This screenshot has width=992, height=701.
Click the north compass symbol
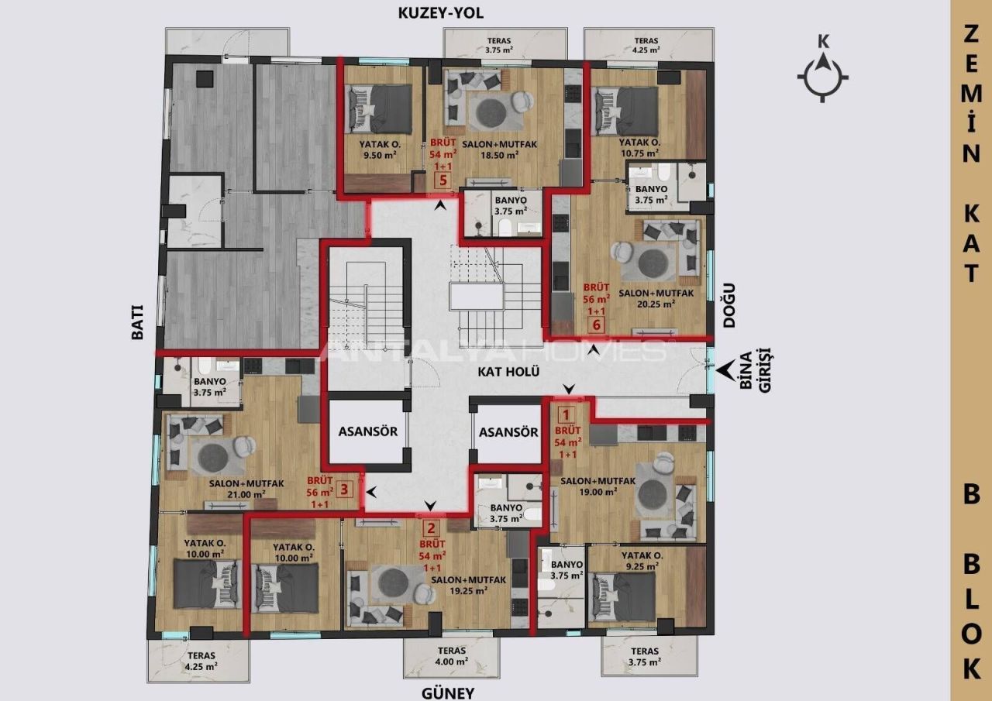click(823, 76)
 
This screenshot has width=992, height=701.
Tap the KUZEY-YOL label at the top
click(439, 13)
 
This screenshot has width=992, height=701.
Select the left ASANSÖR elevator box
click(367, 431)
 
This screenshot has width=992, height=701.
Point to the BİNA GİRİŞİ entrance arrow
click(726, 372)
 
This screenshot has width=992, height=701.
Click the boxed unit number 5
click(443, 181)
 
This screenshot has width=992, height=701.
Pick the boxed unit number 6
click(597, 324)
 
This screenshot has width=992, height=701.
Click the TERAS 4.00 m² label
click(451, 656)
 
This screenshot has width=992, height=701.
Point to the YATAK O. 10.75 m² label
click(639, 149)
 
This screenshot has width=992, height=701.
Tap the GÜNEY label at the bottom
click(446, 692)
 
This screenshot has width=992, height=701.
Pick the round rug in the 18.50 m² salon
click(490, 112)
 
